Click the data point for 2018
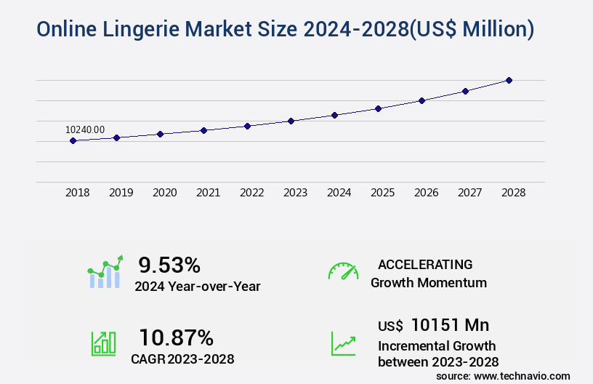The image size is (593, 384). pyautogui.click(x=73, y=140)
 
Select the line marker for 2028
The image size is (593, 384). pyautogui.click(x=509, y=80)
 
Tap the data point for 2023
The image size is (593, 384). pyautogui.click(x=291, y=121)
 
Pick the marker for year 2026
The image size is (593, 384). pyautogui.click(x=421, y=100)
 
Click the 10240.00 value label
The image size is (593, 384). pyautogui.click(x=85, y=129)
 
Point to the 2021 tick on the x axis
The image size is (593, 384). pyautogui.click(x=208, y=193)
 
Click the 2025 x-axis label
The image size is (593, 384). pyautogui.click(x=382, y=193)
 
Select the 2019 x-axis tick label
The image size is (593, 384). pyautogui.click(x=121, y=193)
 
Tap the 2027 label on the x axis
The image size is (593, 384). pyautogui.click(x=469, y=193)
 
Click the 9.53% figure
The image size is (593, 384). pyautogui.click(x=169, y=265)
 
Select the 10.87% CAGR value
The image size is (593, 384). pyautogui.click(x=176, y=337)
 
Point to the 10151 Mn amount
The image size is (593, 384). pyautogui.click(x=450, y=325)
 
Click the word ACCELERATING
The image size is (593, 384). pyautogui.click(x=425, y=264)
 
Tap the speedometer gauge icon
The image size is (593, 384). pyautogui.click(x=343, y=271)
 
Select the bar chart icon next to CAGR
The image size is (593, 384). pyautogui.click(x=103, y=343)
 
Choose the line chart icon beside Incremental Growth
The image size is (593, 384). pyautogui.click(x=343, y=343)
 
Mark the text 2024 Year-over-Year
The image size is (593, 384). pyautogui.click(x=197, y=287)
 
